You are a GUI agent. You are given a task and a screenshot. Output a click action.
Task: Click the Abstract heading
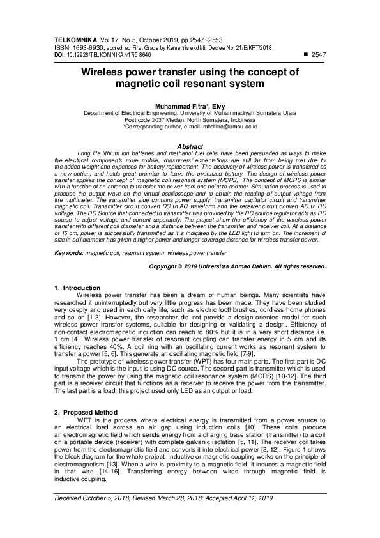[190, 146]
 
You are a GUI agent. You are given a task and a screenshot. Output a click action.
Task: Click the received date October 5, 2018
[103, 496]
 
